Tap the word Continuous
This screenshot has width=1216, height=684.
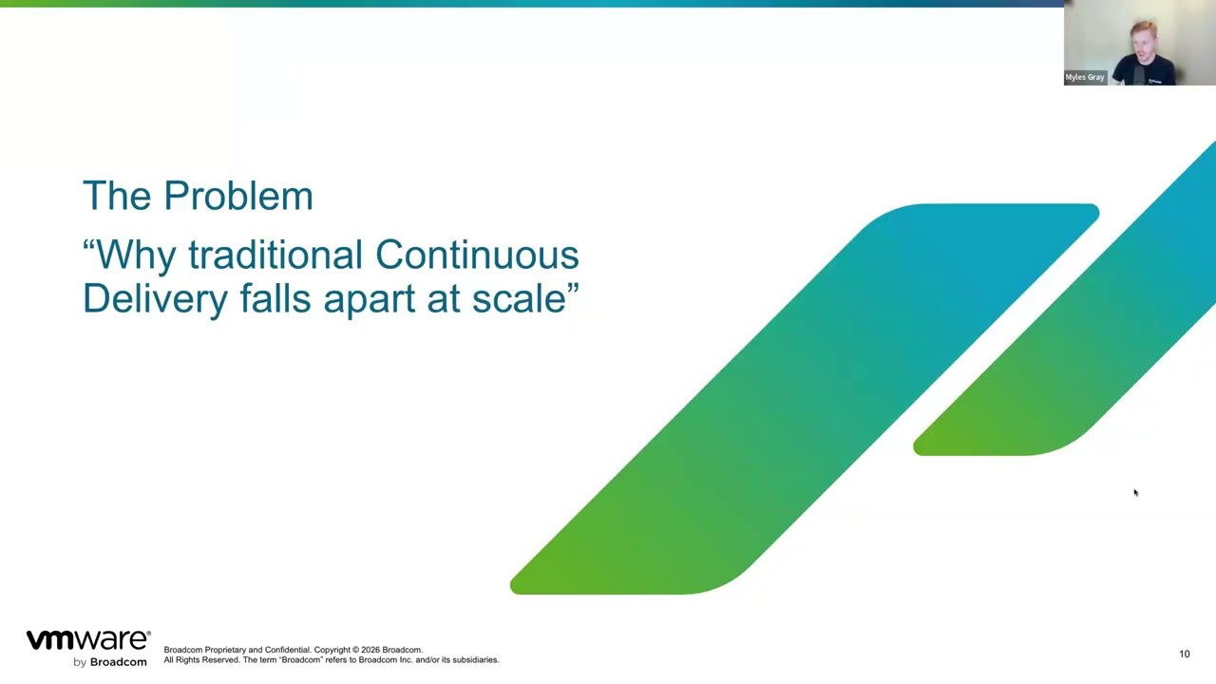coord(477,255)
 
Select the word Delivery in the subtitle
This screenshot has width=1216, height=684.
coord(155,298)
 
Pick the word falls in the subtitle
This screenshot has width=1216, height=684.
coord(275,298)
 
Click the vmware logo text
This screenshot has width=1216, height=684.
coord(87,640)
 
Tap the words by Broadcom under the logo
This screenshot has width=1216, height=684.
coord(110,662)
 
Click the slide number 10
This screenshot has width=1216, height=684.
coord(1184,654)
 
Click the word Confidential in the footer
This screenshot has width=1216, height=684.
coord(287,650)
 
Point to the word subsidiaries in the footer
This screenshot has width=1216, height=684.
coord(473,659)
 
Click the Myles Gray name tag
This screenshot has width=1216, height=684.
coord(1085,77)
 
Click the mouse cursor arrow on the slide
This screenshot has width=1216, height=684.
coord(1134,492)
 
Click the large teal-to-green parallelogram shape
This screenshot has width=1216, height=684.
coord(807,399)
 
